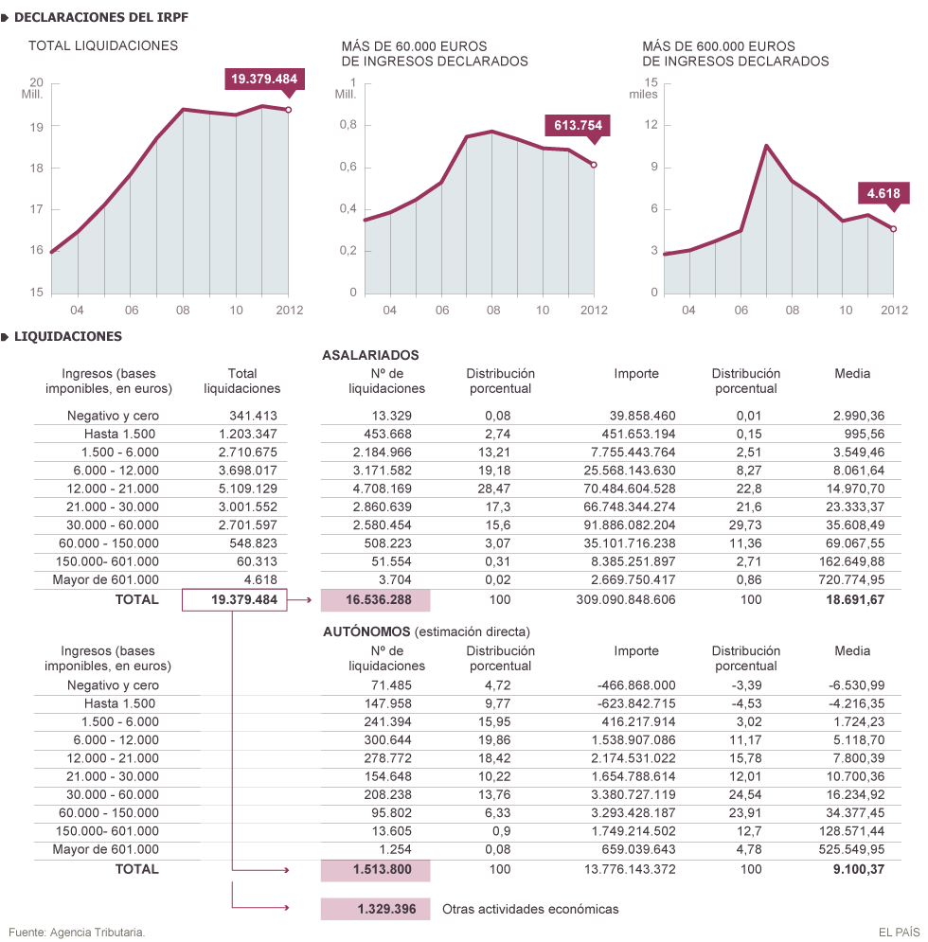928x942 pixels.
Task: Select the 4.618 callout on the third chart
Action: [x=883, y=194]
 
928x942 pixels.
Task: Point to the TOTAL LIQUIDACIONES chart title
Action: [x=103, y=45]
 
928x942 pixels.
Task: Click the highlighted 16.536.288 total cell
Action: [x=375, y=599]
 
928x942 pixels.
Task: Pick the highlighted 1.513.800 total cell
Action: [x=375, y=869]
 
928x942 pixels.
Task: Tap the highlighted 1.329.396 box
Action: [x=375, y=909]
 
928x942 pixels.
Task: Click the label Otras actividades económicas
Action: [x=530, y=909]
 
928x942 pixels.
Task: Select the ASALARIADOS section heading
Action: [x=370, y=355]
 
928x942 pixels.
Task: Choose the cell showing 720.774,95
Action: [x=852, y=580]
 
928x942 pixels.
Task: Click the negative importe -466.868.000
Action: [x=635, y=685]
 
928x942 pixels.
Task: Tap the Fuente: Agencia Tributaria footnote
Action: [x=77, y=933]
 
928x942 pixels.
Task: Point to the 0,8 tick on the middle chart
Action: [x=348, y=125]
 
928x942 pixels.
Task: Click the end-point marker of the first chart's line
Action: [x=288, y=110]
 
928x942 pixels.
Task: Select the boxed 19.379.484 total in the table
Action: [x=235, y=600]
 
